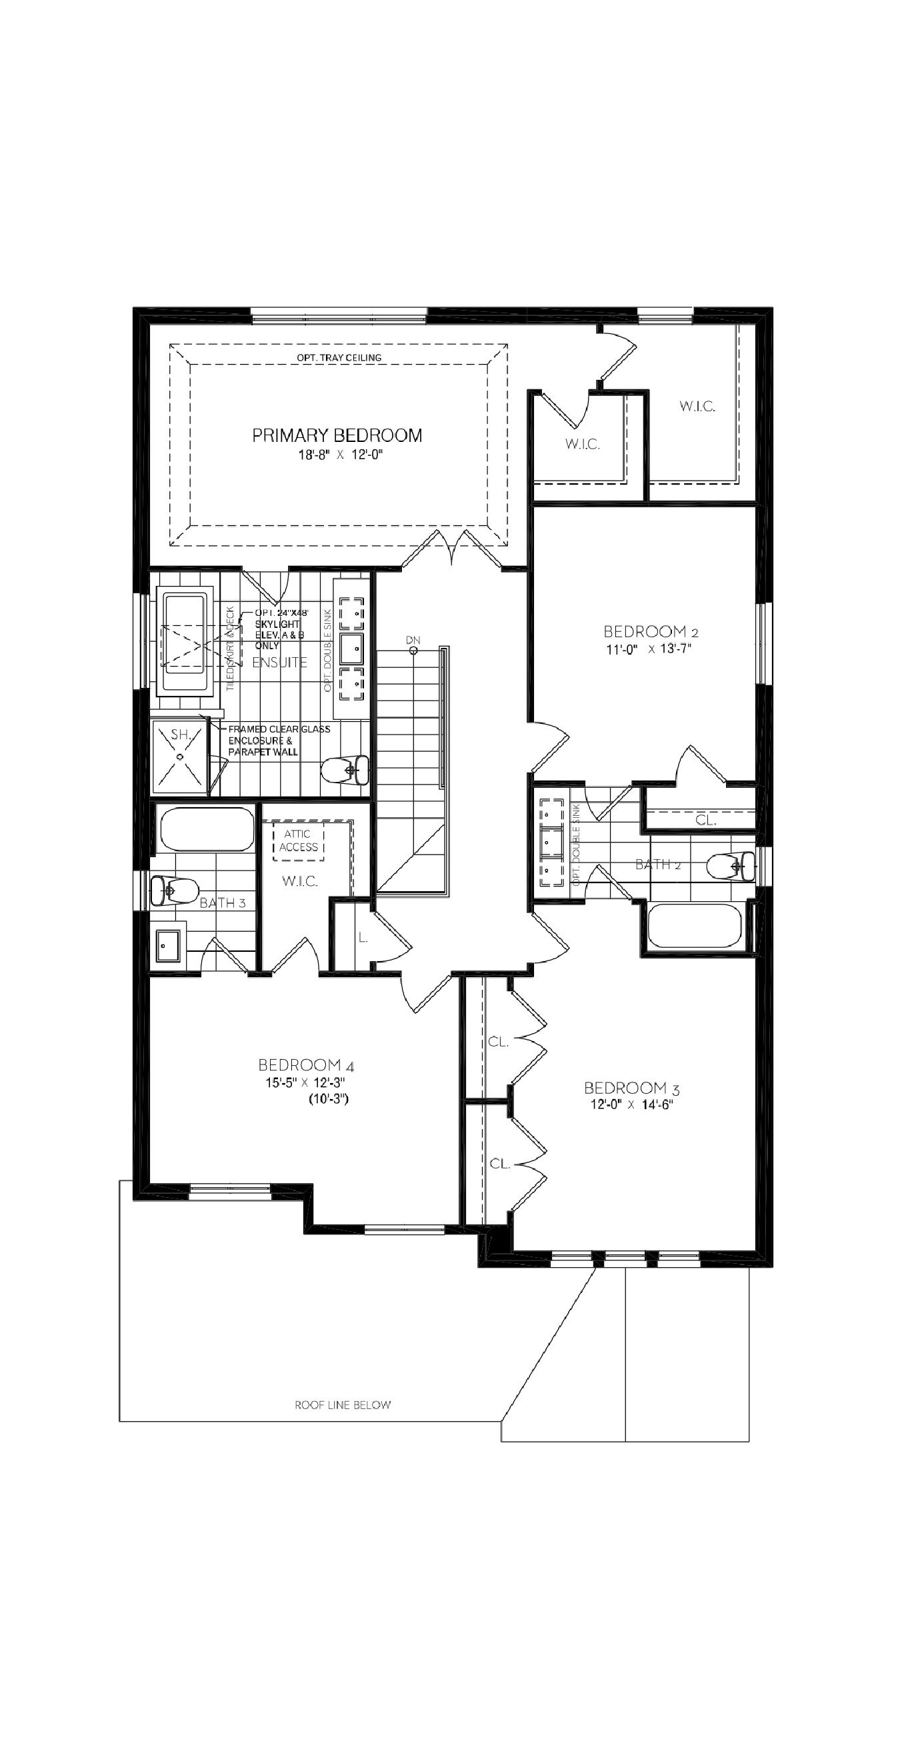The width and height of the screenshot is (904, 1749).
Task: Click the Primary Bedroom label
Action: (x=337, y=435)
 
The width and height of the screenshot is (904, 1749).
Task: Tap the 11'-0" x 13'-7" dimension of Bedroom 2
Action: (x=648, y=649)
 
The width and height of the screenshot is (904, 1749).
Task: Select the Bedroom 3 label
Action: (x=631, y=1088)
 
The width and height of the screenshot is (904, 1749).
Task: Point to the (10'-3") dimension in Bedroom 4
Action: (x=328, y=1099)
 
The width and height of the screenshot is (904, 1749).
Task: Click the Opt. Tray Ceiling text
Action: (x=339, y=357)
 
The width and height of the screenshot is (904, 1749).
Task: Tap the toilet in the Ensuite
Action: (x=345, y=771)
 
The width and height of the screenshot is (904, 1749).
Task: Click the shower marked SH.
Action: (x=180, y=757)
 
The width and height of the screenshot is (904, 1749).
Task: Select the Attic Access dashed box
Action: (x=298, y=841)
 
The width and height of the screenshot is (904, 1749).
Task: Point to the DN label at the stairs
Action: (x=413, y=640)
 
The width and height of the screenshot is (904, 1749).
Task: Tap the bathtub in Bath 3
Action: (x=206, y=829)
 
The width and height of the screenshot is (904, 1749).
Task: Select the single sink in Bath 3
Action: (x=167, y=944)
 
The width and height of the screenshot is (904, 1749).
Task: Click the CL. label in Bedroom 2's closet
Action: (x=705, y=821)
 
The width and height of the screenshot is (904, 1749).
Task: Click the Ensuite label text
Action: (x=279, y=662)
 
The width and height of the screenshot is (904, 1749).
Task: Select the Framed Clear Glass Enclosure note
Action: (x=279, y=740)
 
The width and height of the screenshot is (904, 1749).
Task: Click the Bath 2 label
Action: (x=657, y=865)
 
